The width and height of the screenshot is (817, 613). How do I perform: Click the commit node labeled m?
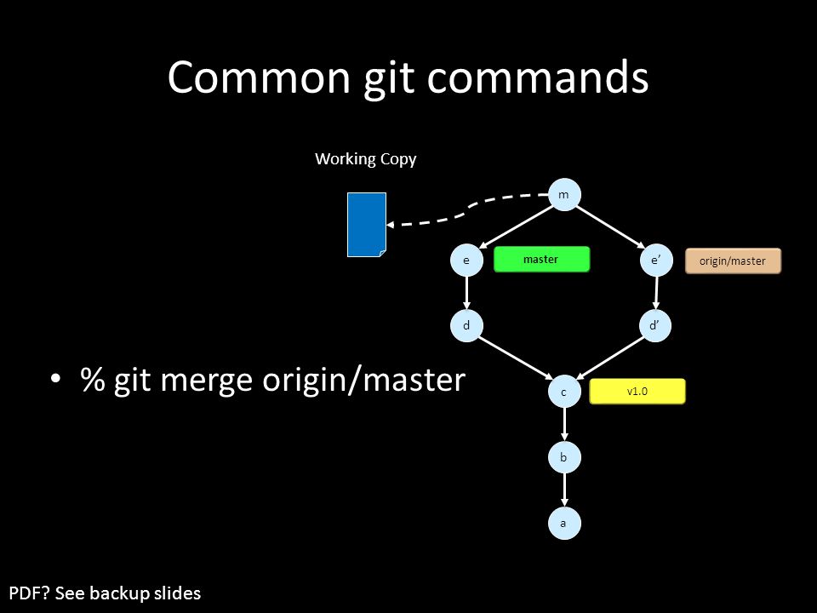pyautogui.click(x=564, y=194)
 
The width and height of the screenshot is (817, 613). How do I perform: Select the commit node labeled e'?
pyautogui.click(x=656, y=260)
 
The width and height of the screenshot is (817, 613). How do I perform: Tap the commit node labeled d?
pyautogui.click(x=466, y=325)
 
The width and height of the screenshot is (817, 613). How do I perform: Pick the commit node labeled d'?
pyautogui.click(x=655, y=325)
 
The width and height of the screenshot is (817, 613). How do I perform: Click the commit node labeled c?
pyautogui.click(x=564, y=392)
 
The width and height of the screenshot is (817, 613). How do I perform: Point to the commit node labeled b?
pyautogui.click(x=564, y=457)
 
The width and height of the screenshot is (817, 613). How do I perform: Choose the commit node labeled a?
pyautogui.click(x=564, y=523)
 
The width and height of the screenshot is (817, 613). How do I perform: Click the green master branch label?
pyautogui.click(x=541, y=259)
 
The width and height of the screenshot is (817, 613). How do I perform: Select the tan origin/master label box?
pyautogui.click(x=733, y=261)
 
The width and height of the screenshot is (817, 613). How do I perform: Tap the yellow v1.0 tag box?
pyautogui.click(x=637, y=391)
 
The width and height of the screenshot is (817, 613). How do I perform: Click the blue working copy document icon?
pyautogui.click(x=367, y=225)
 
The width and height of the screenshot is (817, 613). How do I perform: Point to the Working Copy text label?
pyautogui.click(x=366, y=159)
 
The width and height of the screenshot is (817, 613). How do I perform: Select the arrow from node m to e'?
pyautogui.click(x=610, y=226)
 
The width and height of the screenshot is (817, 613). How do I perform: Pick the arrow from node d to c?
pyautogui.click(x=516, y=358)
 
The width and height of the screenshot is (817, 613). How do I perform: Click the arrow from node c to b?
pyautogui.click(x=564, y=424)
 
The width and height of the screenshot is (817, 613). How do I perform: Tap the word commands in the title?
pyautogui.click(x=538, y=77)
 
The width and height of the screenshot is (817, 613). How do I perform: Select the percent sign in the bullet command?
pyautogui.click(x=93, y=379)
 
